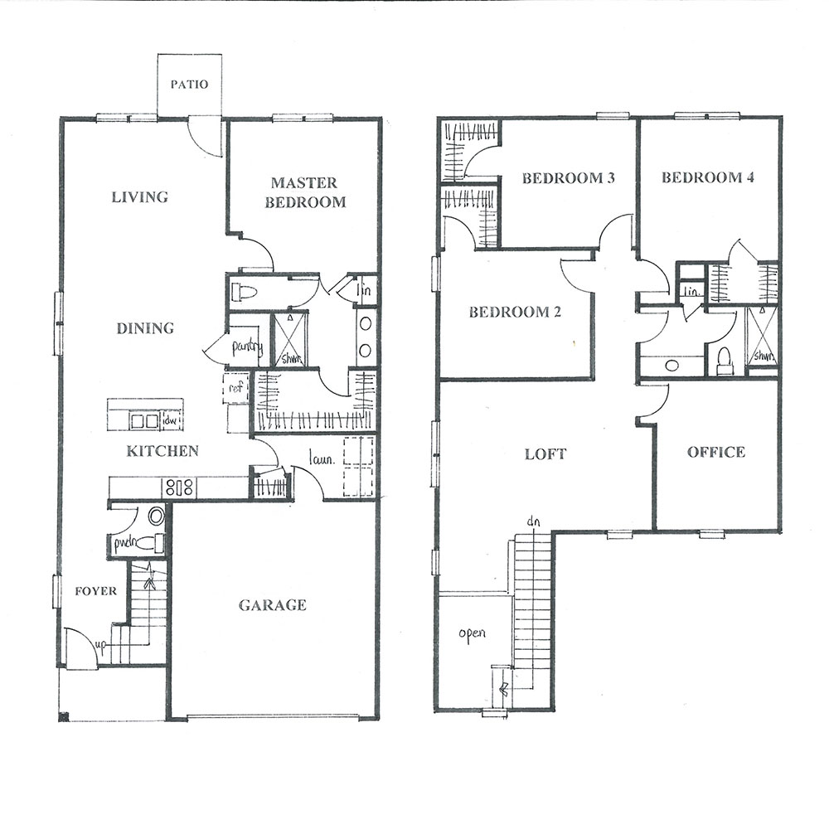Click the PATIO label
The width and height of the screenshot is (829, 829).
[189, 84]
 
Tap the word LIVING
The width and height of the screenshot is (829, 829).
[140, 197]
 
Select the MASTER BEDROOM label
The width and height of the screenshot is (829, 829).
[305, 192]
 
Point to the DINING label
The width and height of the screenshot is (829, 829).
[145, 328]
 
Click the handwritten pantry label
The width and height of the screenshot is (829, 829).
[247, 347]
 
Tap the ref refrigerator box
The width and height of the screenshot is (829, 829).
[235, 388]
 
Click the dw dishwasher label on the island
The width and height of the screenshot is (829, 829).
[171, 420]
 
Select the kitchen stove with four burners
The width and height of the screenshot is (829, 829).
[180, 487]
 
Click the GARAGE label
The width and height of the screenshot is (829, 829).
[272, 605]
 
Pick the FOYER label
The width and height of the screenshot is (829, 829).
[95, 590]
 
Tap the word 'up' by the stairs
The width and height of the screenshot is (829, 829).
[101, 645]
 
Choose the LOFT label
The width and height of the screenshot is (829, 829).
[545, 453]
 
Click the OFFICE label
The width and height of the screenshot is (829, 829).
[716, 452]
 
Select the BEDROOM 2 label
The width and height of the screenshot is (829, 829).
[515, 312]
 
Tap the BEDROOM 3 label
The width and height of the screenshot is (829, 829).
[569, 177]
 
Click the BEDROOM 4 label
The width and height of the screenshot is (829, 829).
[708, 177]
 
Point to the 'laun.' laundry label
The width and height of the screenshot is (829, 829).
[322, 459]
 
